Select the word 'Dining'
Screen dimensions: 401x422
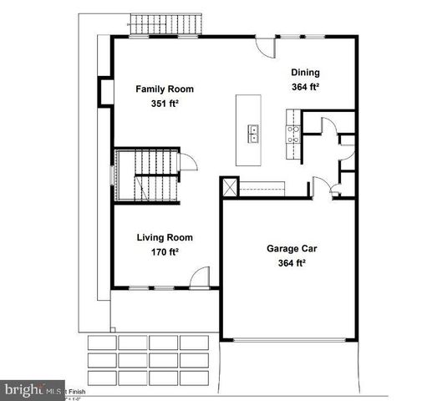point(306,73)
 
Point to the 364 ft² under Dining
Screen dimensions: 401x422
point(306,87)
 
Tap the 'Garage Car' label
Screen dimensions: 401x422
point(291,249)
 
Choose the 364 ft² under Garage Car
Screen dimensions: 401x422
point(291,264)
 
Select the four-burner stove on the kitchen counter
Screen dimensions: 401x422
point(292,134)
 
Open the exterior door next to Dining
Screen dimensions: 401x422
point(265,45)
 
